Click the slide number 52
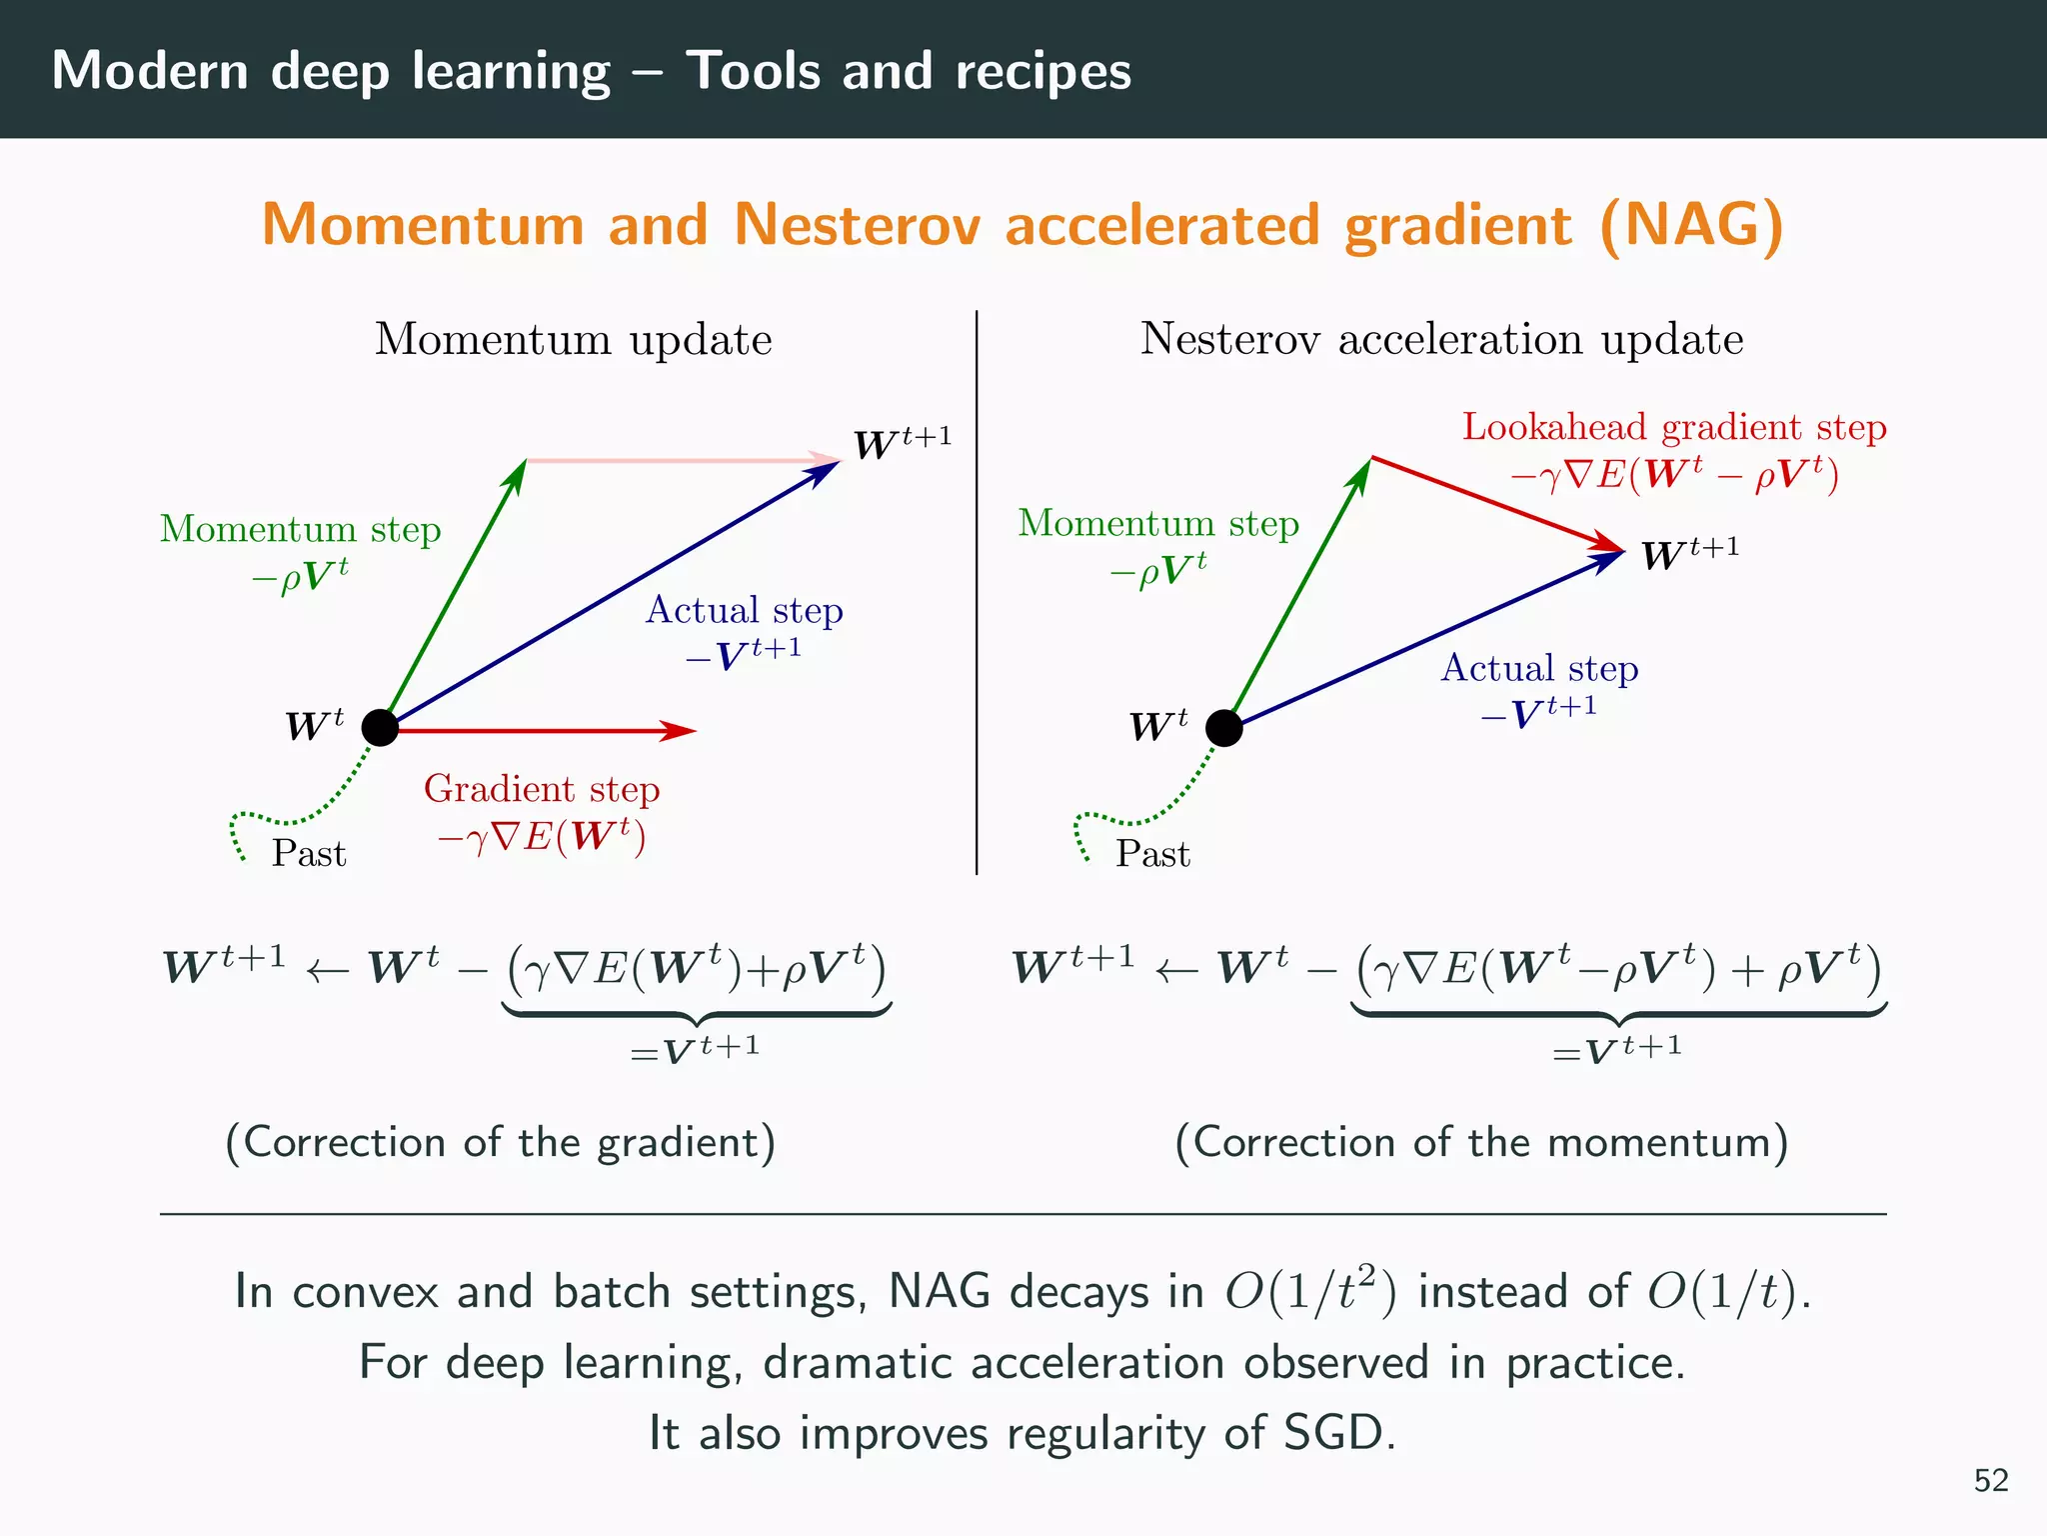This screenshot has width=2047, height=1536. pyautogui.click(x=1990, y=1480)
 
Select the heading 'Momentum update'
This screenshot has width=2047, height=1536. pyautogui.click(x=573, y=340)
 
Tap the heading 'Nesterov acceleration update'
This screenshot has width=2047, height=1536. pyautogui.click(x=1441, y=339)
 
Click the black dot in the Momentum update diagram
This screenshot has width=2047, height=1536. pyautogui.click(x=380, y=728)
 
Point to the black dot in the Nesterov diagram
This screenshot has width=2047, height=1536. pyautogui.click(x=1223, y=728)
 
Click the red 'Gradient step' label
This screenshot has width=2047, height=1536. pyautogui.click(x=542, y=789)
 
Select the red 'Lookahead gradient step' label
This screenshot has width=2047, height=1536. pyautogui.click(x=1674, y=427)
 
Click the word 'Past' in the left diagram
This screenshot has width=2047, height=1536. pyautogui.click(x=309, y=854)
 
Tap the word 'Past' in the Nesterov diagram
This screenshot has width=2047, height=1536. pyautogui.click(x=1152, y=854)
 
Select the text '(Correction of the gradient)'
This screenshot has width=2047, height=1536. pyautogui.click(x=501, y=1142)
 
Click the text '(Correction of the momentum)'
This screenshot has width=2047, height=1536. pyautogui.click(x=1481, y=1142)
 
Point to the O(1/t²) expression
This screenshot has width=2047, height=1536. pyautogui.click(x=1310, y=1290)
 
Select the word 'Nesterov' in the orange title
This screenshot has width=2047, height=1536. pyautogui.click(x=858, y=224)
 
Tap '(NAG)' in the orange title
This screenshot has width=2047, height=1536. pyautogui.click(x=1691, y=226)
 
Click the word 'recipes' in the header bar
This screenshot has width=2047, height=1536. pyautogui.click(x=1042, y=72)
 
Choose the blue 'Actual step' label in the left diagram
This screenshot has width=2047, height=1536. pyautogui.click(x=744, y=610)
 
